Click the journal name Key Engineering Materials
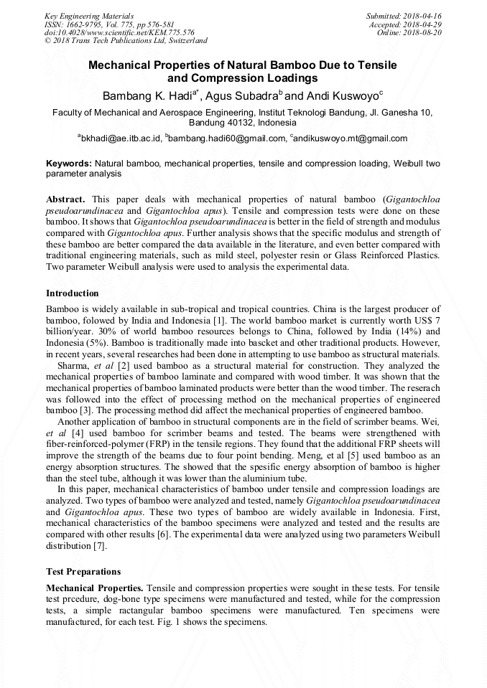click(89, 15)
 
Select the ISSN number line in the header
click(108, 24)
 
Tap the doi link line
click(119, 32)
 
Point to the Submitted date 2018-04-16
click(404, 15)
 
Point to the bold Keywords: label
click(69, 164)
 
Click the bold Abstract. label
click(66, 198)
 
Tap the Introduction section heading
click(73, 293)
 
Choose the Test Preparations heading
click(83, 572)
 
